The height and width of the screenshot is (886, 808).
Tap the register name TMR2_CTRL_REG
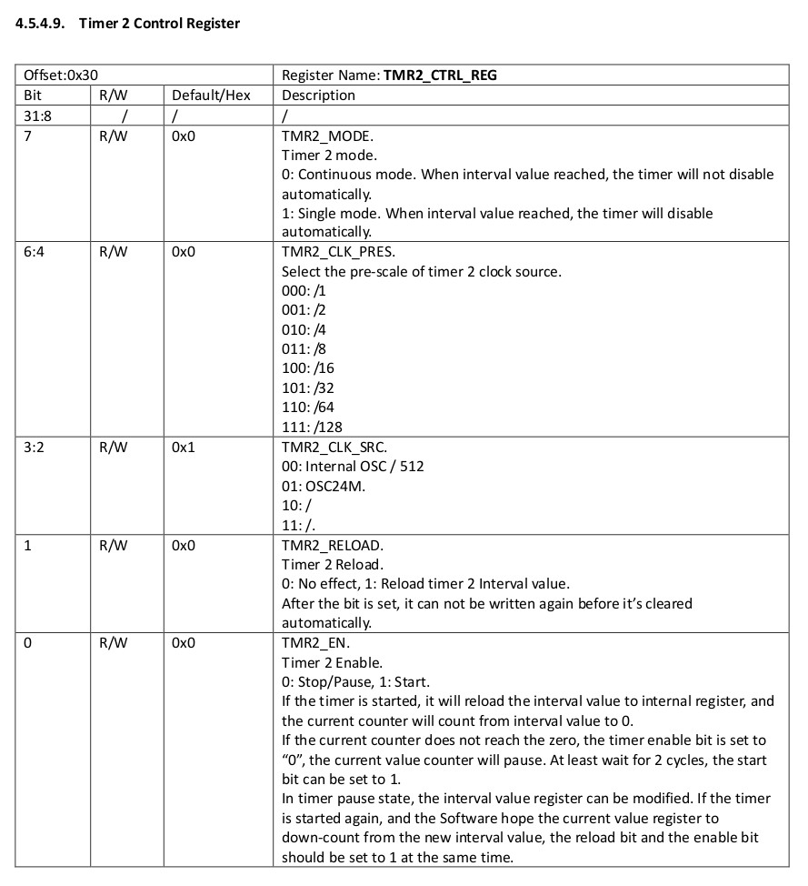click(x=440, y=76)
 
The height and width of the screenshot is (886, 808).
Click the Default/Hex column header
click(x=211, y=95)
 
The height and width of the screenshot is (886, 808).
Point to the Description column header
click(x=318, y=95)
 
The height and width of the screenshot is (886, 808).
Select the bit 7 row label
click(x=28, y=136)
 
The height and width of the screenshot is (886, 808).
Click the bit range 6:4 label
click(x=35, y=252)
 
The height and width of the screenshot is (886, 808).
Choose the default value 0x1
click(x=183, y=447)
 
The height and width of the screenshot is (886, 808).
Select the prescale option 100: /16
click(x=308, y=368)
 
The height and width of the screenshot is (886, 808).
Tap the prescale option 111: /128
click(x=312, y=427)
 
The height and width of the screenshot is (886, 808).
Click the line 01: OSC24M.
click(x=321, y=486)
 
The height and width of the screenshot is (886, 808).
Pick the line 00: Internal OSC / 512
click(x=353, y=466)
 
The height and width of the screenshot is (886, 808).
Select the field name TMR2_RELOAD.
click(x=333, y=545)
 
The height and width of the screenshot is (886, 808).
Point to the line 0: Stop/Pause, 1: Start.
click(x=355, y=681)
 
